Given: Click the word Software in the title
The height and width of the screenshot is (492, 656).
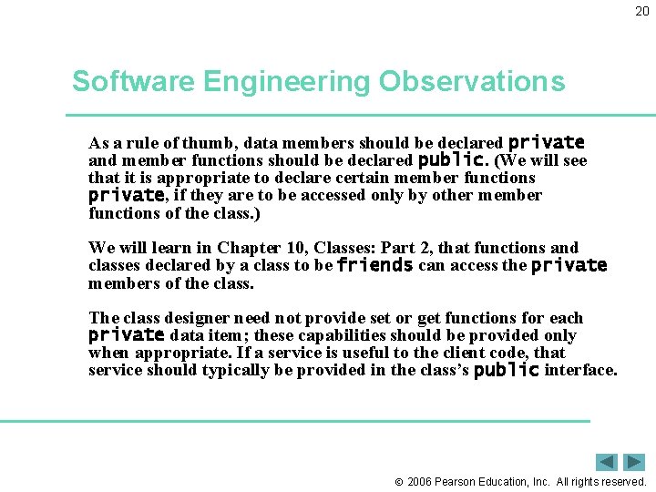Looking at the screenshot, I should (x=134, y=82).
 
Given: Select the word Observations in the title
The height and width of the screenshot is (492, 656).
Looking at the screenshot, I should (x=472, y=82).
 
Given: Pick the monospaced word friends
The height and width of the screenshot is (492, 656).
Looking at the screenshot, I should (x=374, y=266).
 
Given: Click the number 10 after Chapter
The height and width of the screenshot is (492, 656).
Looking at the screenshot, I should (x=289, y=248).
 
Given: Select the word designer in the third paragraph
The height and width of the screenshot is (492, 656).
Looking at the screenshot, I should (x=197, y=318).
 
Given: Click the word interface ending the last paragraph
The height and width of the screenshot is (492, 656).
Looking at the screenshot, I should (x=579, y=370).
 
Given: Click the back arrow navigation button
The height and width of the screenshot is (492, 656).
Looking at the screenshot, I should (x=607, y=462).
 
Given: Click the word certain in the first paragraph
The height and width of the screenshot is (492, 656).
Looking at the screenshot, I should (x=340, y=178).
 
